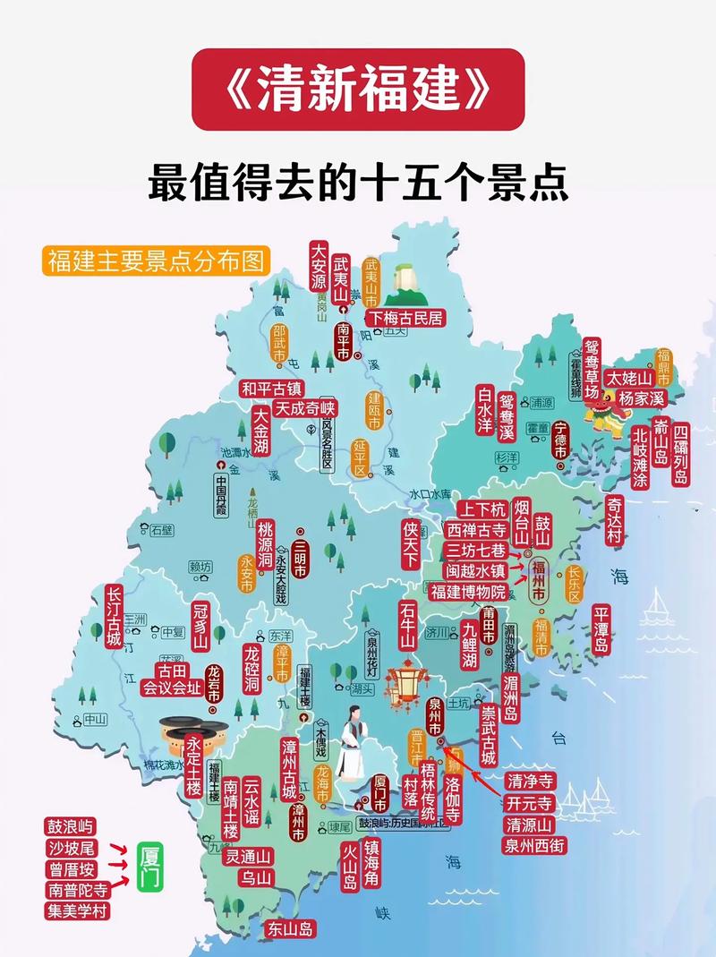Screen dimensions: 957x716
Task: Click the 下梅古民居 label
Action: [406, 318]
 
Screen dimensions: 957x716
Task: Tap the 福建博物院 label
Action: [467, 591]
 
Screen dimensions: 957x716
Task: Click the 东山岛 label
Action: [288, 929]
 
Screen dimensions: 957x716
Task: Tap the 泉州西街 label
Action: [534, 845]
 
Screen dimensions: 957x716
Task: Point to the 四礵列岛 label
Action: [681, 454]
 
